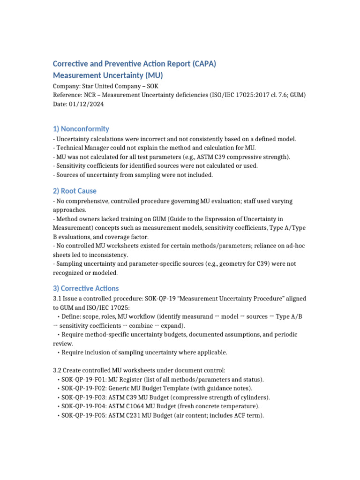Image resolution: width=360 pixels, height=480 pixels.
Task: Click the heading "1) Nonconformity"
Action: tap(81, 129)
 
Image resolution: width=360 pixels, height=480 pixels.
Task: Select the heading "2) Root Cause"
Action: tap(75, 191)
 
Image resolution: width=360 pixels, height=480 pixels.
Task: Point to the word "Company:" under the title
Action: tap(66, 86)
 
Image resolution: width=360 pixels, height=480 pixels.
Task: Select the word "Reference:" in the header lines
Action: tap(67, 95)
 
